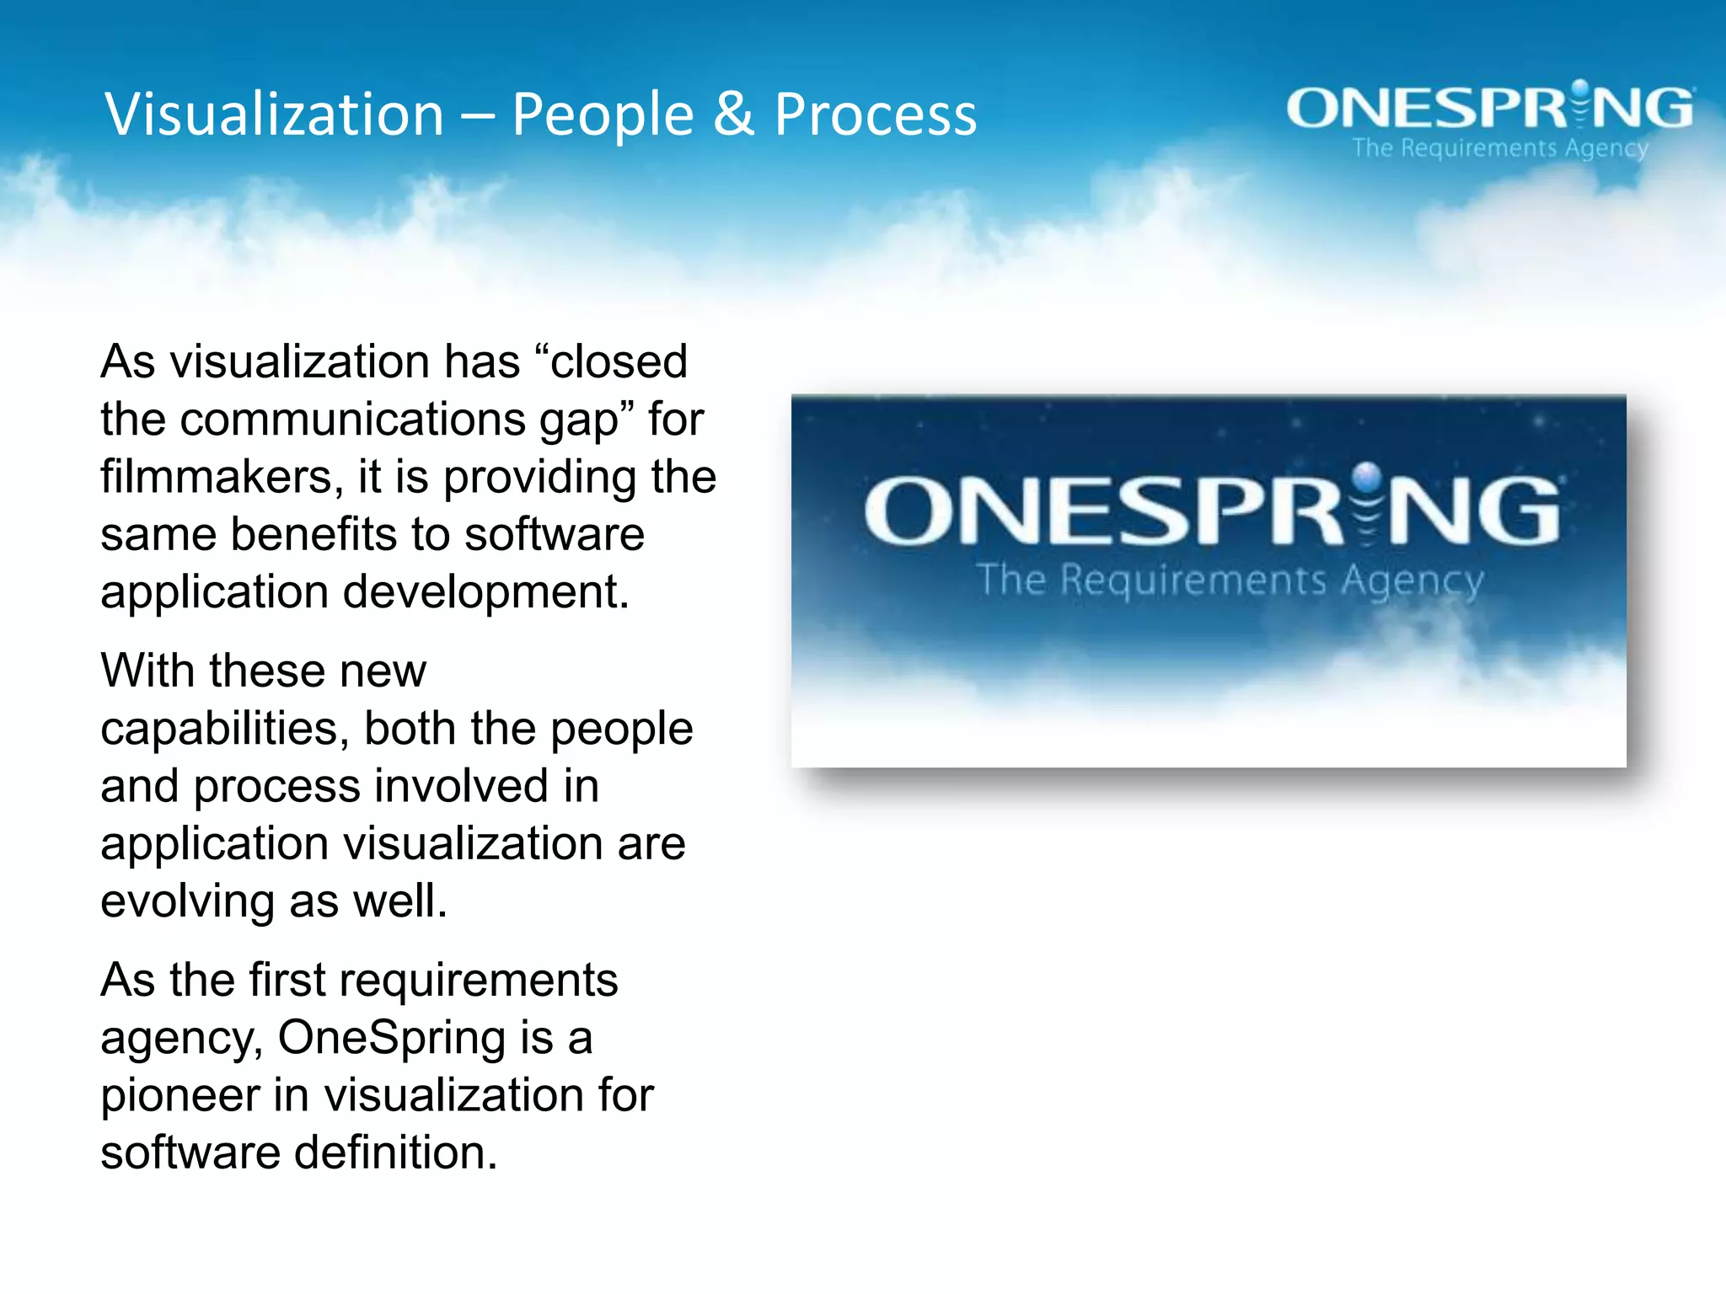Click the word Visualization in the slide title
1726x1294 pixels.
[274, 115]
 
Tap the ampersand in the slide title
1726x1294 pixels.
[733, 115]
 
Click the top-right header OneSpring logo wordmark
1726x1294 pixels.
[1489, 109]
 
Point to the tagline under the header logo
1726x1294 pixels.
[1500, 148]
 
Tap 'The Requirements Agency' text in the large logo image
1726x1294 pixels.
[1230, 580]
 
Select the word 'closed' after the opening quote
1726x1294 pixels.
[619, 362]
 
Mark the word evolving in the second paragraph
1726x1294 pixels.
[187, 901]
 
